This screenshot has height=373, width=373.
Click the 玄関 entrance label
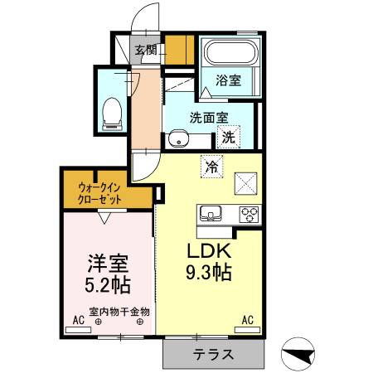pos(146,50)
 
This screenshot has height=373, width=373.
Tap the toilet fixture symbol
pos(111,113)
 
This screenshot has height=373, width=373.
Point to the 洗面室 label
pos(208,117)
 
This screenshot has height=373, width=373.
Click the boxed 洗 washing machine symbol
pos(229,136)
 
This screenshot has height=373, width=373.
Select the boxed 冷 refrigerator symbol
pos(211,166)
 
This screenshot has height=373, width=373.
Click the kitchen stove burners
pos(249,214)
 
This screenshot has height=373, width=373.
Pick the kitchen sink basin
pos(211,214)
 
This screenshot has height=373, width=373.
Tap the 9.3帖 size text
pos(208,272)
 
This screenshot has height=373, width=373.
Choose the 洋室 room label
pos(109,266)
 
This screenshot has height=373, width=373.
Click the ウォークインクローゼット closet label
pos(100,193)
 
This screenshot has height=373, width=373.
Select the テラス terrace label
pos(214,355)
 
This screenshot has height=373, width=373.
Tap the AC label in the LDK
pos(247,319)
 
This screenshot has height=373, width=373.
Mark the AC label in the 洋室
pos(79,319)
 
